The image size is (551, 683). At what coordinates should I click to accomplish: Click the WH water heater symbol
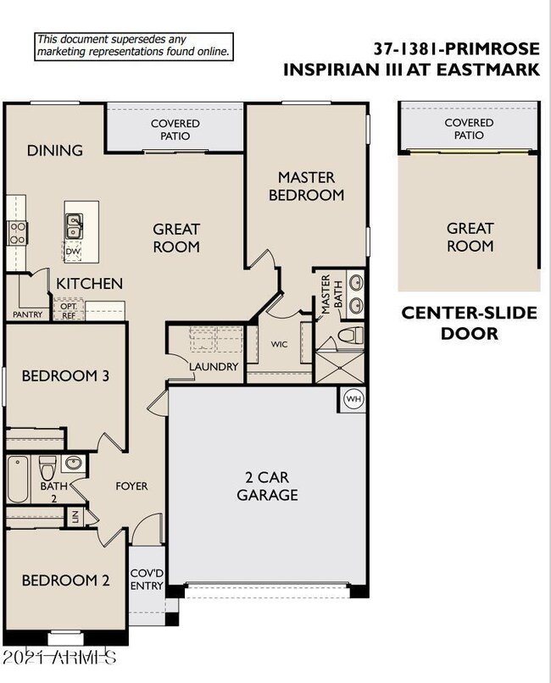point(353,399)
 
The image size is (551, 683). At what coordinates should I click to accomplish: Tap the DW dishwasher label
point(73,250)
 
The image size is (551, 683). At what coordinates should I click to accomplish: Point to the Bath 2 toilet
point(48,466)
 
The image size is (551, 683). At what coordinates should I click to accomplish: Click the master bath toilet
point(347,337)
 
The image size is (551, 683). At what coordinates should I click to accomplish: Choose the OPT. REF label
point(68,312)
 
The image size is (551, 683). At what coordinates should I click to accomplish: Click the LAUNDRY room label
point(214,367)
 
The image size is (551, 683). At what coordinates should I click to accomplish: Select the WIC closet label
point(280,345)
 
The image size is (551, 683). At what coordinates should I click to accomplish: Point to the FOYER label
point(131,486)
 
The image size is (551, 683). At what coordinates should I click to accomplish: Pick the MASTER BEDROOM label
point(306,186)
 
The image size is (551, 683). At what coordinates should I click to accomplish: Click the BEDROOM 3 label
point(65,375)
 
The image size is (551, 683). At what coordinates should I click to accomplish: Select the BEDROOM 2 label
point(65,580)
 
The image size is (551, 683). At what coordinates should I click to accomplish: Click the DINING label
point(55,151)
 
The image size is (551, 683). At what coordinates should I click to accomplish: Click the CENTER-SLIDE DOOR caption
point(469,323)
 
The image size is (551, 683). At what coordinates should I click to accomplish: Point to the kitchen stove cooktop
point(16,232)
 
